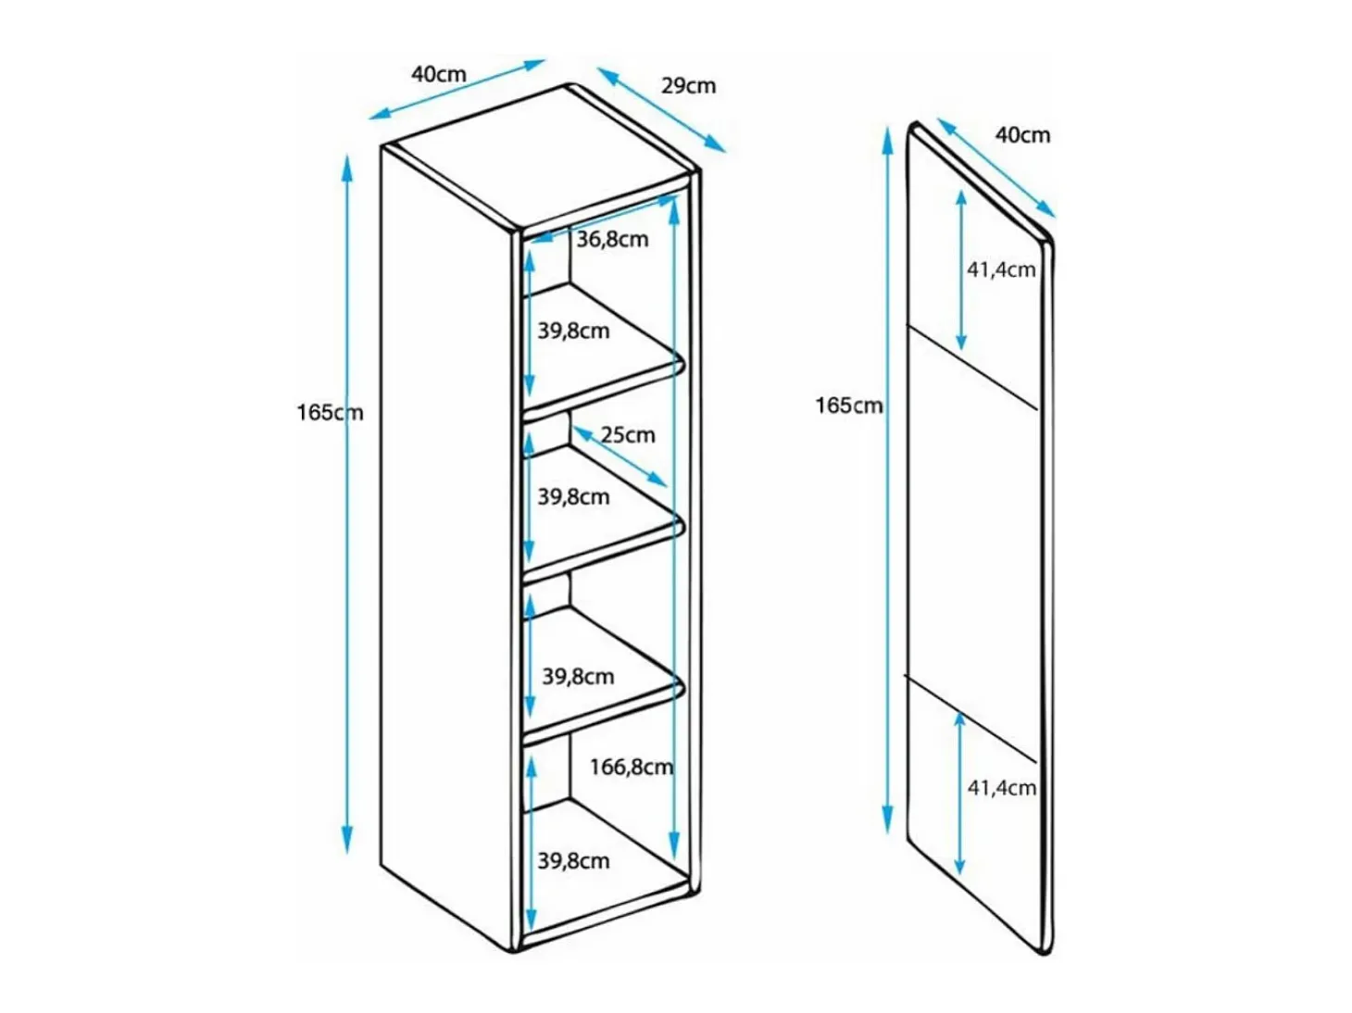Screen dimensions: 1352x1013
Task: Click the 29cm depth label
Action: point(688,85)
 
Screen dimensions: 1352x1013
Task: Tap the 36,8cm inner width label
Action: point(612,239)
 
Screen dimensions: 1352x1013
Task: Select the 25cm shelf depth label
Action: point(628,435)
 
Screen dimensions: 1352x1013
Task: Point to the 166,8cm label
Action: point(632,767)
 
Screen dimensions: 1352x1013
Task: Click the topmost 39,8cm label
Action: point(573,331)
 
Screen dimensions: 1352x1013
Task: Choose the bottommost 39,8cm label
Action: point(573,860)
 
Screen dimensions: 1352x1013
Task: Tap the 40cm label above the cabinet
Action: point(439,74)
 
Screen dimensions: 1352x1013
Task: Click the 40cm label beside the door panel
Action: point(1022,135)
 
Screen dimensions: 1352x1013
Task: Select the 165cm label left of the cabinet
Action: point(331,412)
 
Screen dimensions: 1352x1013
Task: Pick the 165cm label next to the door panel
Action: point(849,406)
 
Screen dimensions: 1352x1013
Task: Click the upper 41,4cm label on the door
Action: point(1001,269)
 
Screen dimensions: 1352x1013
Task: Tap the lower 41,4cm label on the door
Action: point(1002,787)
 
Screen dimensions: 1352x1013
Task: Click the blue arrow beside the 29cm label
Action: point(661,109)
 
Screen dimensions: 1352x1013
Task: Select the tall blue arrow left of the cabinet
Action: point(347,505)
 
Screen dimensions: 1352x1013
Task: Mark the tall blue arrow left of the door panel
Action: point(887,481)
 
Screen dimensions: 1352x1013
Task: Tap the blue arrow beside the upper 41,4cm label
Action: point(961,270)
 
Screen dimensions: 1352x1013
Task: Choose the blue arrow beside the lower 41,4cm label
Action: point(959,794)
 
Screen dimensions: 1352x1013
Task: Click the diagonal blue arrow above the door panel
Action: point(996,168)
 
